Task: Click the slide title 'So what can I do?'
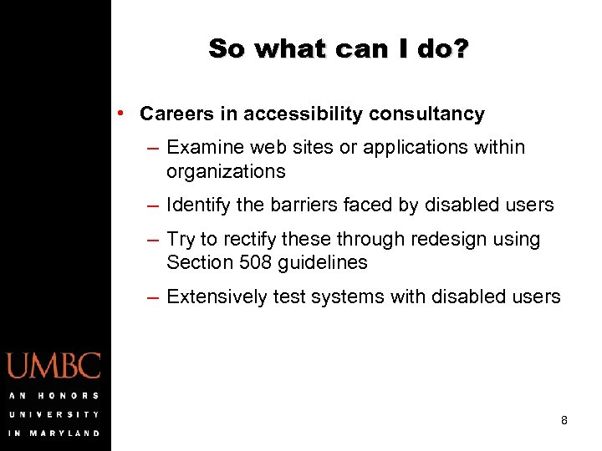click(x=339, y=48)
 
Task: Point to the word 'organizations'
click(x=226, y=172)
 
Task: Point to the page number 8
click(x=564, y=420)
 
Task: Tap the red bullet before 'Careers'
click(x=122, y=112)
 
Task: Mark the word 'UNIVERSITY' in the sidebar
click(x=54, y=414)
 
